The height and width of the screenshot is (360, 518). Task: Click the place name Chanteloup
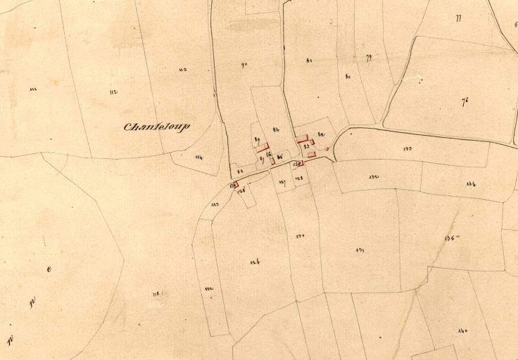pos(157,127)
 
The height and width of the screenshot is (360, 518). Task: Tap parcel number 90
pos(244,65)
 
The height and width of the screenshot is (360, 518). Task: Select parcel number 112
pos(113,92)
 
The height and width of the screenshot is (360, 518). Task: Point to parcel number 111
pos(33,89)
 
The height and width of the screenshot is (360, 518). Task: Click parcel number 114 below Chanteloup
pos(198,157)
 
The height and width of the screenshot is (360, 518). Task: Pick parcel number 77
pos(458,18)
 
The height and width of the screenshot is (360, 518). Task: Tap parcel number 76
pos(465,101)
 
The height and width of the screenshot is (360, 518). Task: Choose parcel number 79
pos(369,58)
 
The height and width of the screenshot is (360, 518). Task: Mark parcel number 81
pos(309,60)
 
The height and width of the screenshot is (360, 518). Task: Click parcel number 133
pos(408,148)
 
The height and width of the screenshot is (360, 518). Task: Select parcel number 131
pos(360,250)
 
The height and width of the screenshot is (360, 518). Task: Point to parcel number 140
pos(462,331)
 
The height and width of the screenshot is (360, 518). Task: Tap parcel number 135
pos(451,238)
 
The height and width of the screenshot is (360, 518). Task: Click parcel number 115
pos(155,293)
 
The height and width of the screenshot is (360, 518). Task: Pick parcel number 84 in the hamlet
pos(276,129)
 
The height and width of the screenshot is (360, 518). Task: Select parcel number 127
pos(282,182)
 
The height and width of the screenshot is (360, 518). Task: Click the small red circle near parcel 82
pos(328,149)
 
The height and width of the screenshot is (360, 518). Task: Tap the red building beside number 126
pos(235,184)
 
